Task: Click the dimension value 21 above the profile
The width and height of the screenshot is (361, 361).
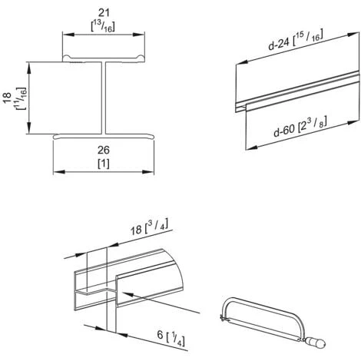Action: (x=104, y=13)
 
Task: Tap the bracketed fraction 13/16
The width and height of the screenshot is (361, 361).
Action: (x=103, y=26)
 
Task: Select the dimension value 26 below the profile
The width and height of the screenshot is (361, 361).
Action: (x=104, y=150)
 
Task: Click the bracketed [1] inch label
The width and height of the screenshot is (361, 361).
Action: (x=104, y=164)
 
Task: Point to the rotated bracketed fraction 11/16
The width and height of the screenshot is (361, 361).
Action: (x=21, y=99)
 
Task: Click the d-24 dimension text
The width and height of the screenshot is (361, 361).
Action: (x=279, y=44)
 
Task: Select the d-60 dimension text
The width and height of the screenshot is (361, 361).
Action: (x=284, y=131)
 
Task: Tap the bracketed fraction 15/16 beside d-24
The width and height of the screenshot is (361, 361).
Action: (x=308, y=38)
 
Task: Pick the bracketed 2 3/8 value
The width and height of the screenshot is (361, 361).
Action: (x=313, y=124)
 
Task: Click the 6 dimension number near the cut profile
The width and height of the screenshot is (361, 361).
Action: (x=160, y=334)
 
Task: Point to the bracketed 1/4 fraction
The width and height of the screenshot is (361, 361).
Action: (x=175, y=339)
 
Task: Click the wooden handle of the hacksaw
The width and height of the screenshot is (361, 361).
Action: (x=315, y=343)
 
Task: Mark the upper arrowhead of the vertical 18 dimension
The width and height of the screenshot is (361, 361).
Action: (x=29, y=68)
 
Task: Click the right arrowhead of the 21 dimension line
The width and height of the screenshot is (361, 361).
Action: (x=138, y=35)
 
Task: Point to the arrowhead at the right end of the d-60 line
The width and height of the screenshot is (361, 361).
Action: (x=352, y=122)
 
